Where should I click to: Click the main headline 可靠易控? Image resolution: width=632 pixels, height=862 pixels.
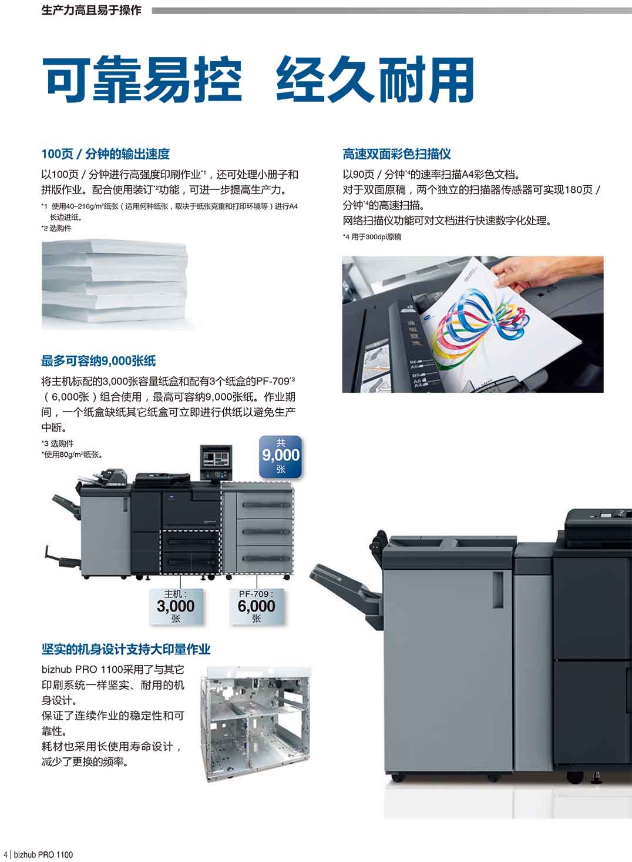coord(142,79)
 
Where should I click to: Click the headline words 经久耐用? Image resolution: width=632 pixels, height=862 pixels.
coord(375,79)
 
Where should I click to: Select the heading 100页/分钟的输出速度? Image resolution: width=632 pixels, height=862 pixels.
coord(105,154)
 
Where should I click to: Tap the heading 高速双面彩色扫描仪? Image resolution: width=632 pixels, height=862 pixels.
coord(396,154)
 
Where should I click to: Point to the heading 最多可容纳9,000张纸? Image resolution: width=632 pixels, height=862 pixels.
coord(99,361)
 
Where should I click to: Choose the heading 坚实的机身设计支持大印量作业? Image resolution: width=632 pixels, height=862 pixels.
coord(126,649)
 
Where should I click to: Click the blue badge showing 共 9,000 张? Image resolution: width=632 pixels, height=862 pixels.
coord(281,457)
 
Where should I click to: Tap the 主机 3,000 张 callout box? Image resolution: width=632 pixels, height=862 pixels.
coord(176,606)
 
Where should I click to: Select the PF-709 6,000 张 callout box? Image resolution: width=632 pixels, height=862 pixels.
coord(257,606)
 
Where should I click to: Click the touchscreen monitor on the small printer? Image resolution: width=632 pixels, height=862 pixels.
coord(216,458)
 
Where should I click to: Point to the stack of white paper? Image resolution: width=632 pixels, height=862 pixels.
coord(115,285)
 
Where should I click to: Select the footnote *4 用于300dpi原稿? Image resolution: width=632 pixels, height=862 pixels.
coord(372,237)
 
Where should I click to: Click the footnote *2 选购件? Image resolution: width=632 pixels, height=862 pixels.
coord(56,228)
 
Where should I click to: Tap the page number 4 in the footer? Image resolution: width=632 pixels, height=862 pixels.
coord(5,855)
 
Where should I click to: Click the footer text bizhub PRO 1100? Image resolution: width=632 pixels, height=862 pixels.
coord(43,855)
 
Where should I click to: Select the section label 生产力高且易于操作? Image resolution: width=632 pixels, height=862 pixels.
coord(91,10)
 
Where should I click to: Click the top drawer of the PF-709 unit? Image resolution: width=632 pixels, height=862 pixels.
coord(265,504)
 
